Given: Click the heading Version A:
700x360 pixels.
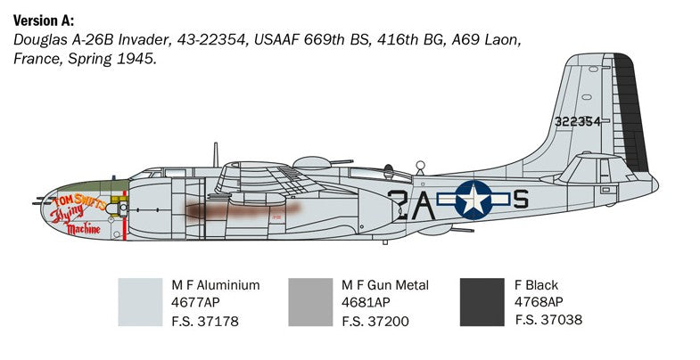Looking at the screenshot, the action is (44, 21).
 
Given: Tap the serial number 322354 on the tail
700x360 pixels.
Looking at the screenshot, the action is (577, 122).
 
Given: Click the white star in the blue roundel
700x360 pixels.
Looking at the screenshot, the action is (474, 200).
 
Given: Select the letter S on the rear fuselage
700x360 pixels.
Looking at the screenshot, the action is (521, 199).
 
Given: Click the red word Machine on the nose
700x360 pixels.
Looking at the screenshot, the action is (83, 229).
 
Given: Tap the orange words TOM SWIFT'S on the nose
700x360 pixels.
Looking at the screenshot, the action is (79, 201).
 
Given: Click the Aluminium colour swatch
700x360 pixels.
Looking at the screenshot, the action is (140, 302).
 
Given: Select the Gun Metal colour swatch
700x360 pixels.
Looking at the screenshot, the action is (310, 302).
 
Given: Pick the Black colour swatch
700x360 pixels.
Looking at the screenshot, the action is (482, 302).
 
